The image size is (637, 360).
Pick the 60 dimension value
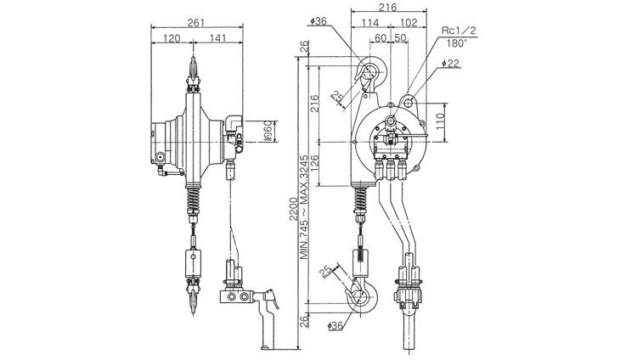click(x=380, y=39)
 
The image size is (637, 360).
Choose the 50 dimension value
click(x=399, y=39)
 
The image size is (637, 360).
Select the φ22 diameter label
click(x=452, y=63)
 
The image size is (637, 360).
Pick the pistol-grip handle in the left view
click(x=270, y=318)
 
